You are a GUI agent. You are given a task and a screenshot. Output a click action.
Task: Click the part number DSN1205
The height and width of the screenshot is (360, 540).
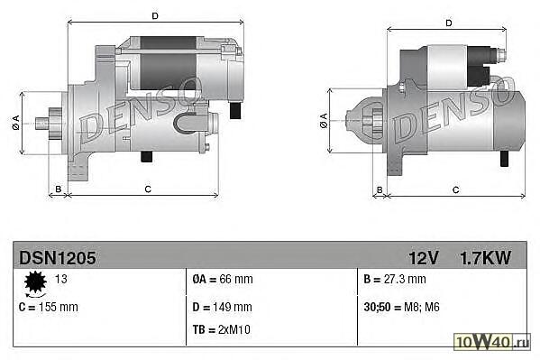pyautogui.click(x=58, y=258)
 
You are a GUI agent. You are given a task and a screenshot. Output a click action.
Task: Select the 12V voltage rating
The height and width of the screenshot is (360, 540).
pyautogui.click(x=424, y=258)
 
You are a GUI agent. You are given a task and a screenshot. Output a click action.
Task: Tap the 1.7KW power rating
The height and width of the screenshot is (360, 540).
pyautogui.click(x=486, y=258)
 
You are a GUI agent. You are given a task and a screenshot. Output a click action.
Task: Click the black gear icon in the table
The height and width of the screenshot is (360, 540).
pyautogui.click(x=35, y=282)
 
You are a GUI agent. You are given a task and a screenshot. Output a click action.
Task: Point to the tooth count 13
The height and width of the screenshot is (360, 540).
pyautogui.click(x=61, y=279)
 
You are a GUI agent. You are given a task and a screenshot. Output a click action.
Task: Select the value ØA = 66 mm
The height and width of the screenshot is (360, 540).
pyautogui.click(x=223, y=279)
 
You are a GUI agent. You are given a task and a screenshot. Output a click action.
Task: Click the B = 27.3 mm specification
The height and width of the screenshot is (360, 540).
pyautogui.click(x=395, y=279)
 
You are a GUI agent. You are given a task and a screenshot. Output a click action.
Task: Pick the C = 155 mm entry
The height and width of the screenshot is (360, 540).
pyautogui.click(x=49, y=307)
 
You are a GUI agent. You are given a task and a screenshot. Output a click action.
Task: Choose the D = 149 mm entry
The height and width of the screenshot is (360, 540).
pyautogui.click(x=222, y=307)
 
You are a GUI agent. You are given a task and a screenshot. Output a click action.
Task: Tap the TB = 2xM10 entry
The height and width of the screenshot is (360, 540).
pyautogui.click(x=222, y=329)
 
